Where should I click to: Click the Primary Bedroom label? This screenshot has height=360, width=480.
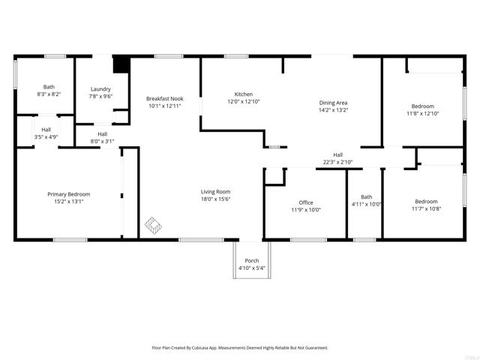coord(69,194)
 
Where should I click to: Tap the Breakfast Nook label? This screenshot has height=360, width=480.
coord(165,98)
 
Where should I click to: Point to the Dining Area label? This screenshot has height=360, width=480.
coord(334,103)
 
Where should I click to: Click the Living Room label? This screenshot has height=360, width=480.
coord(215,191)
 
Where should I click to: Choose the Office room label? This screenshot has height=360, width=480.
coord(305,202)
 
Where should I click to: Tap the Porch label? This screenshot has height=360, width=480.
coord(251,260)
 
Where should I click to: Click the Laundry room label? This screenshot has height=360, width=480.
coord(100,88)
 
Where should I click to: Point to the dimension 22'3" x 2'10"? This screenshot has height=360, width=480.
coord(337,161)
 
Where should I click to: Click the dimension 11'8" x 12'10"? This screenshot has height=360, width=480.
coord(422,113)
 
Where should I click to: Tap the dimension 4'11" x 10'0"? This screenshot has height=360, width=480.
coord(367,204)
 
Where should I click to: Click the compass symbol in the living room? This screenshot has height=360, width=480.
coord(154,223)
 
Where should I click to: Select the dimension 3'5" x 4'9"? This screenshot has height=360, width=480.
coord(46,136)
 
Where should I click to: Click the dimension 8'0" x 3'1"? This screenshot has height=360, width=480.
coord(102,141)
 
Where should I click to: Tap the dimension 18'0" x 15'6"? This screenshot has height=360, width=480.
coord(215,199)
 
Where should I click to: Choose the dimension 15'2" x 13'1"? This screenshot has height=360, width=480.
coord(69,202)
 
